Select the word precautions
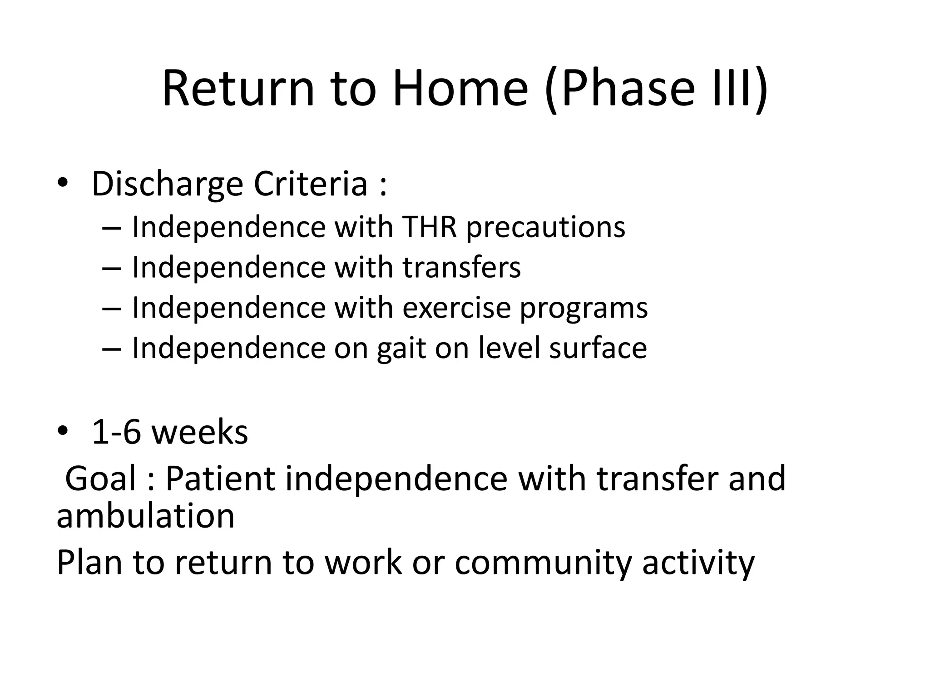pos(545,227)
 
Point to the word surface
pos(598,348)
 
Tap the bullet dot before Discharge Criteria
pos(62,182)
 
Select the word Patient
pos(220,479)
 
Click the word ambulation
pos(145,516)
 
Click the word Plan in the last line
pos(89,563)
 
